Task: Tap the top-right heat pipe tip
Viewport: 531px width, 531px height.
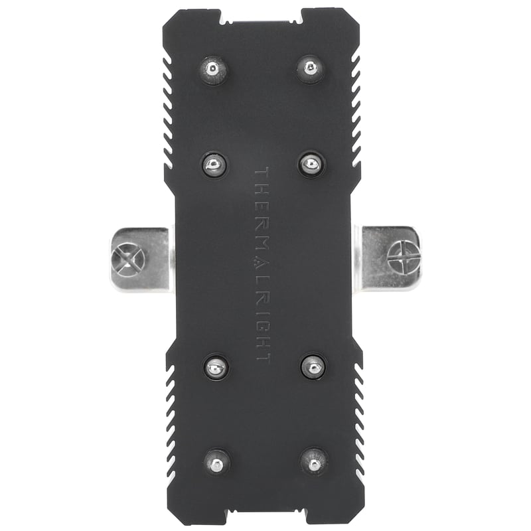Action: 310,68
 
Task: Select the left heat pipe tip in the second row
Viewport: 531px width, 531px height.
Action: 214,164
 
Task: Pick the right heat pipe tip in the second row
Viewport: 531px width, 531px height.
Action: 311,164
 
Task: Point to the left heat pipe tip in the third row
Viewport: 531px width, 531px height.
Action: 216,366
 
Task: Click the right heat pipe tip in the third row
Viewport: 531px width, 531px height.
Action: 313,366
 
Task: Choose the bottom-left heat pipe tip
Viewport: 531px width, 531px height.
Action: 216,460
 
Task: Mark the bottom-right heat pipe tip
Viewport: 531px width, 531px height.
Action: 313,460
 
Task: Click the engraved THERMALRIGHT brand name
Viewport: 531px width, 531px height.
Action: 263,264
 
